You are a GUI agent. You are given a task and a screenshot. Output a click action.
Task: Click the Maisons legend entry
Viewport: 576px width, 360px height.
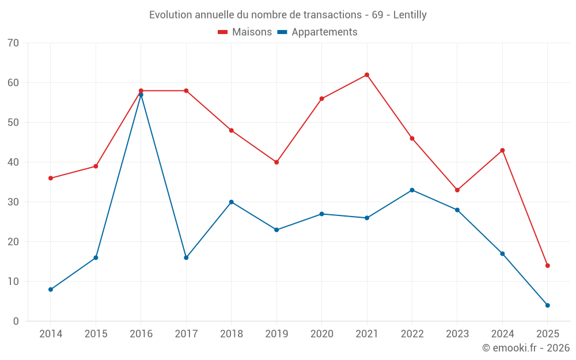coord(245,32)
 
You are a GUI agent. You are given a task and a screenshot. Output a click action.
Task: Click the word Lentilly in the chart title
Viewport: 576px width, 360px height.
coord(410,15)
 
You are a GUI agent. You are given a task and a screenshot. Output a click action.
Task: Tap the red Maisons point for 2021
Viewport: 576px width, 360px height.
coord(367,75)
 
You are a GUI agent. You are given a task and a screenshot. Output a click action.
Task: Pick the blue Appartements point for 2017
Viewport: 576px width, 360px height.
coord(186,257)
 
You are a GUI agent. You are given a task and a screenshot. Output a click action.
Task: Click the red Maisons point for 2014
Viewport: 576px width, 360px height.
coord(51,178)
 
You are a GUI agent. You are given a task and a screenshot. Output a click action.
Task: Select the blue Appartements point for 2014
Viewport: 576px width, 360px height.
coord(51,289)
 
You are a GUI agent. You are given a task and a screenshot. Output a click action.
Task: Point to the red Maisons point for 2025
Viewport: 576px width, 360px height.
coord(547,266)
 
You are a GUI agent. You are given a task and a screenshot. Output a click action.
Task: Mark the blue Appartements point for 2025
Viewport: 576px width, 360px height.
coord(547,305)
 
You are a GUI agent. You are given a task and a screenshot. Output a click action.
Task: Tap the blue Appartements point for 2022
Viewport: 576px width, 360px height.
coord(412,190)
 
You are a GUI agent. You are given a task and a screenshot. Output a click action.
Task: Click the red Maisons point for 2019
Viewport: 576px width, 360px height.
coord(276,162)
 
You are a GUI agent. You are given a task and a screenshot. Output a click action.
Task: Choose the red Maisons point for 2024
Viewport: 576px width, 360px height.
coord(502,150)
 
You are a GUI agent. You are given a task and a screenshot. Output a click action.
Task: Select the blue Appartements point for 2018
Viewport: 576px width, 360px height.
coord(232,202)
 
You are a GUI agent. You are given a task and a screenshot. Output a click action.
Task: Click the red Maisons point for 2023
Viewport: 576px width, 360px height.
coord(457,190)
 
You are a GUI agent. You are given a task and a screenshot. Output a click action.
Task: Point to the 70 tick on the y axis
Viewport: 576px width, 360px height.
coord(13,43)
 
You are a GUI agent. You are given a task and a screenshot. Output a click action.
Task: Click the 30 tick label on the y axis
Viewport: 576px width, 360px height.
coord(13,202)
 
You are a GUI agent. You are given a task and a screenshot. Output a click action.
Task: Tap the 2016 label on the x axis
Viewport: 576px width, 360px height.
coord(141,334)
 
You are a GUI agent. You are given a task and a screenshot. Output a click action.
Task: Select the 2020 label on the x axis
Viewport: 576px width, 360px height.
coord(321,334)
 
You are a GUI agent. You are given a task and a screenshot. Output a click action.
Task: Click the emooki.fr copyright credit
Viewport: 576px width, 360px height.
coord(526,348)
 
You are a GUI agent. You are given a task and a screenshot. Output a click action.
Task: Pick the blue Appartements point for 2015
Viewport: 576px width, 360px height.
coord(96,257)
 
